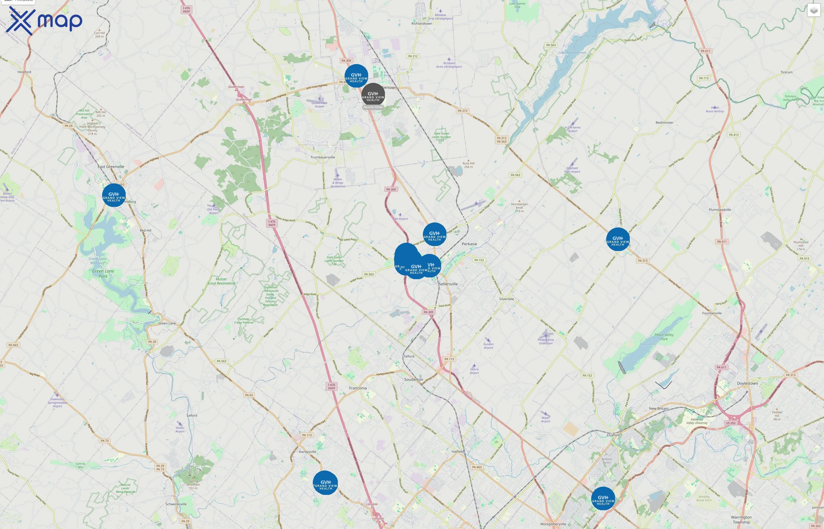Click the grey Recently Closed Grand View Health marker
pos(373,95)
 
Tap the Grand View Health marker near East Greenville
pos(114,195)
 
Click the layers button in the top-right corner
pos(814,10)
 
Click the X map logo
pos(44,21)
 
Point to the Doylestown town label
pos(747,383)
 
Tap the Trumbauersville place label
pos(323,157)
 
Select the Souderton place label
pos(414,380)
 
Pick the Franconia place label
pos(358,388)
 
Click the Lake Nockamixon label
pos(572,53)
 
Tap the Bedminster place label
pos(664,123)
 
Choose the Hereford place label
pos(24,72)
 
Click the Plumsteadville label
pos(720,210)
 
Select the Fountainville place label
pos(712,313)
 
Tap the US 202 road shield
pos(730,423)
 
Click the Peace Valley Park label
pos(664,337)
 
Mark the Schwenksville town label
pos(176,504)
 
